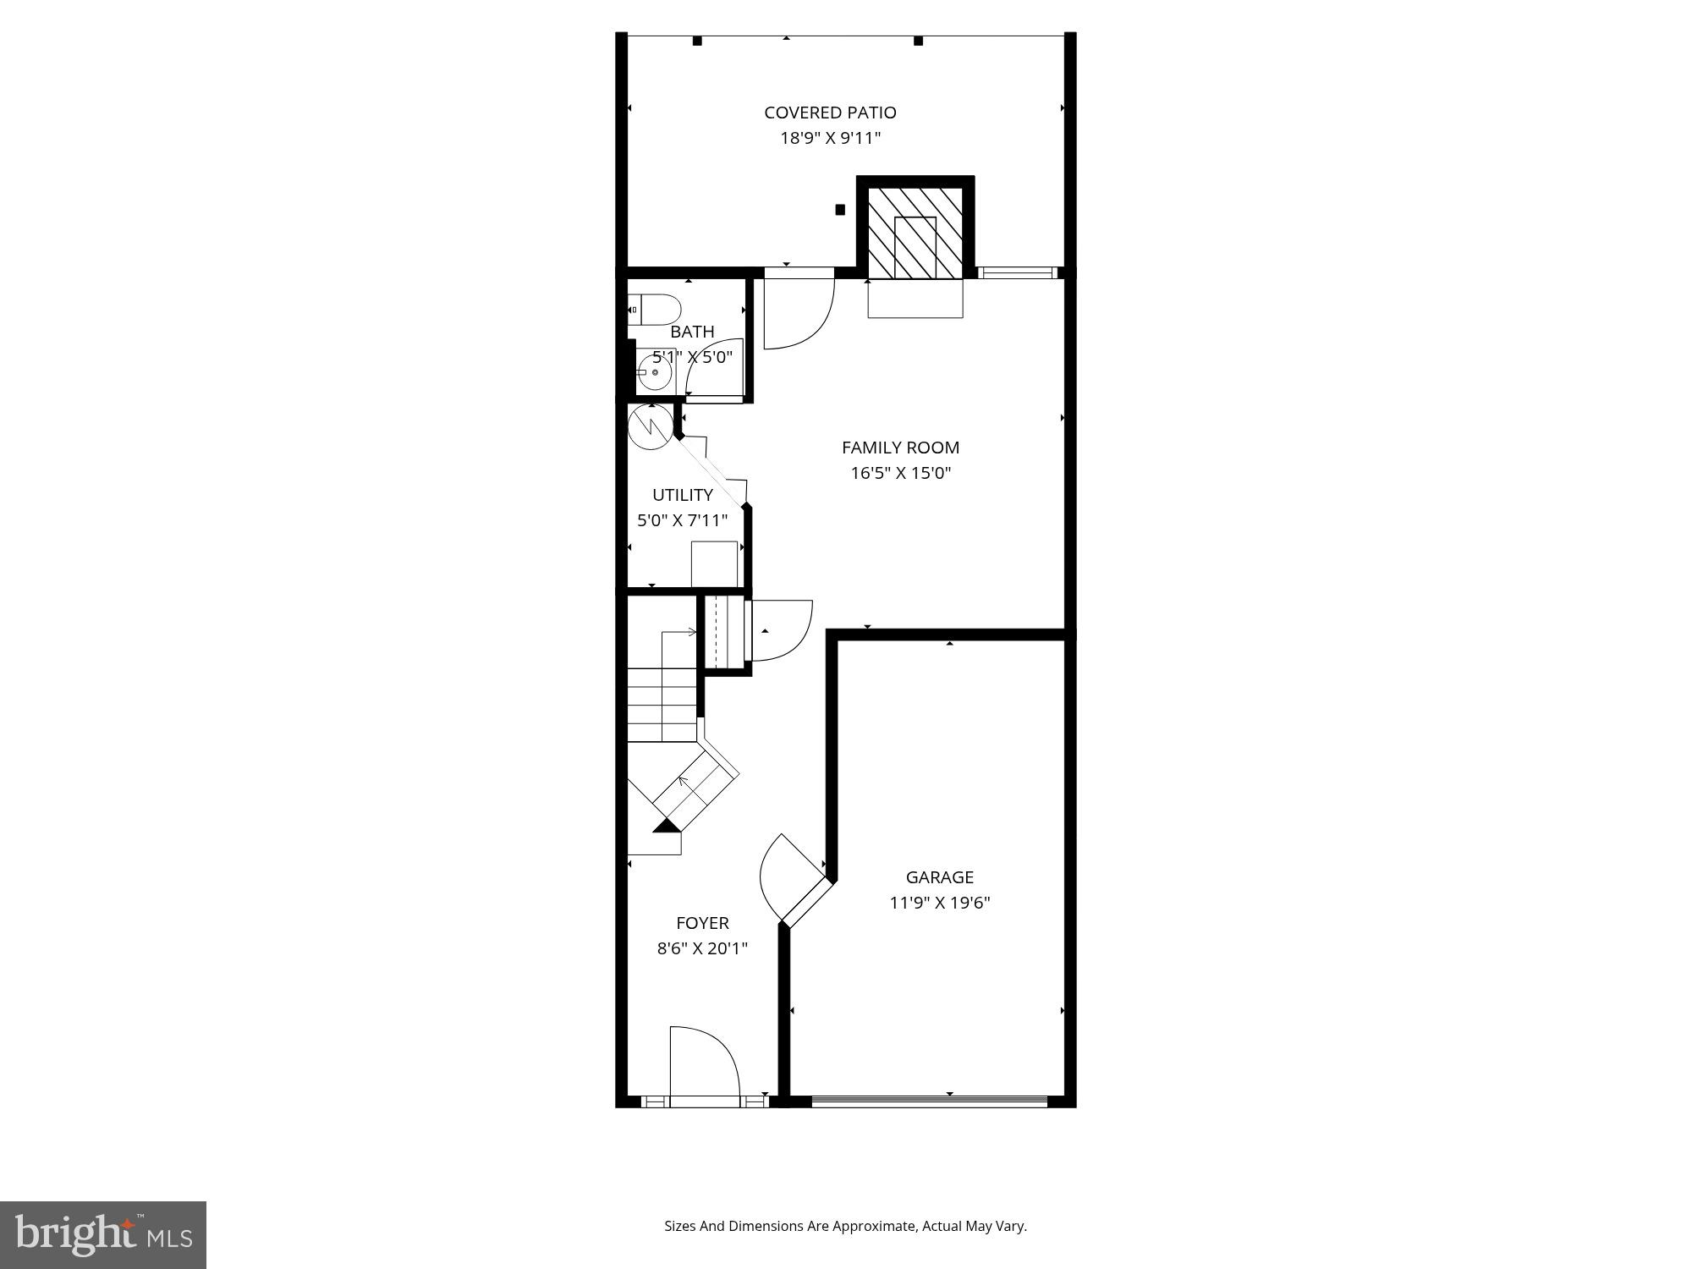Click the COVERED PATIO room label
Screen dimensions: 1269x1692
click(830, 113)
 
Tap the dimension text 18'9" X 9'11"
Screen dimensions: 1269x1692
click(830, 138)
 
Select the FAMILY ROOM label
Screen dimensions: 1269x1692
click(900, 448)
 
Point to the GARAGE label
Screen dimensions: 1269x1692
click(939, 877)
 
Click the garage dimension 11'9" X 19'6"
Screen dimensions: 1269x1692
click(939, 903)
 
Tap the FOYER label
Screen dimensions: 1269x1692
click(702, 923)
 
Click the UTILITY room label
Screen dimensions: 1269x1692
click(682, 495)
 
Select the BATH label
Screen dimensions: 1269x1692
click(692, 332)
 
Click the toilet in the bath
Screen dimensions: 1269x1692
click(654, 310)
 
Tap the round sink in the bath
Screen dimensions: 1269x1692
click(654, 372)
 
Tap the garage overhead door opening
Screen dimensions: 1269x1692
click(929, 1101)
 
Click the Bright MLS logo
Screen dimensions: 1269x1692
click(103, 1235)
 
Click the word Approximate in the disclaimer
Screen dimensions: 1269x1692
click(876, 1226)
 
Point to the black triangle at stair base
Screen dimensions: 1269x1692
click(667, 825)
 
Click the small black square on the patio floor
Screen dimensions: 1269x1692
click(840, 209)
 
